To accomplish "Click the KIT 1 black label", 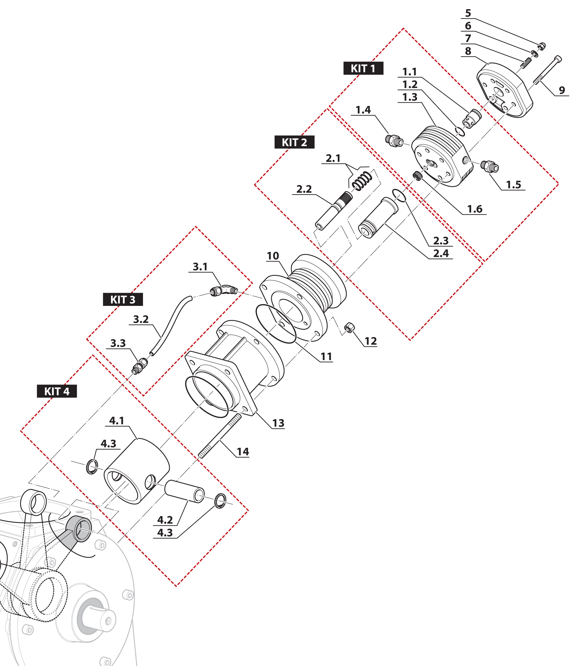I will coord(363,68).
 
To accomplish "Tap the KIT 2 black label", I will coord(294,142).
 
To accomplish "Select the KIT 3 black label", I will coord(123,299).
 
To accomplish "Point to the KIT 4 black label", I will coord(57,391).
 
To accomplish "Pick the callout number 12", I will coord(371,341).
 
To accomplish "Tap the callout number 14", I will coord(243,452).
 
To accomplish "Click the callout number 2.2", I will coord(304,189).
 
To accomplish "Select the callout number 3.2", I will coord(141,319).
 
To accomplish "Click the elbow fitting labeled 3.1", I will coord(225,290).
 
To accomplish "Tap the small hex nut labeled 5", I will coord(542,46).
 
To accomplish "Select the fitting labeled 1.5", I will coord(489,166).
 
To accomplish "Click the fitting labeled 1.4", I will coord(394,140).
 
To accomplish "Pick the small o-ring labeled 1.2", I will coord(460,131).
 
